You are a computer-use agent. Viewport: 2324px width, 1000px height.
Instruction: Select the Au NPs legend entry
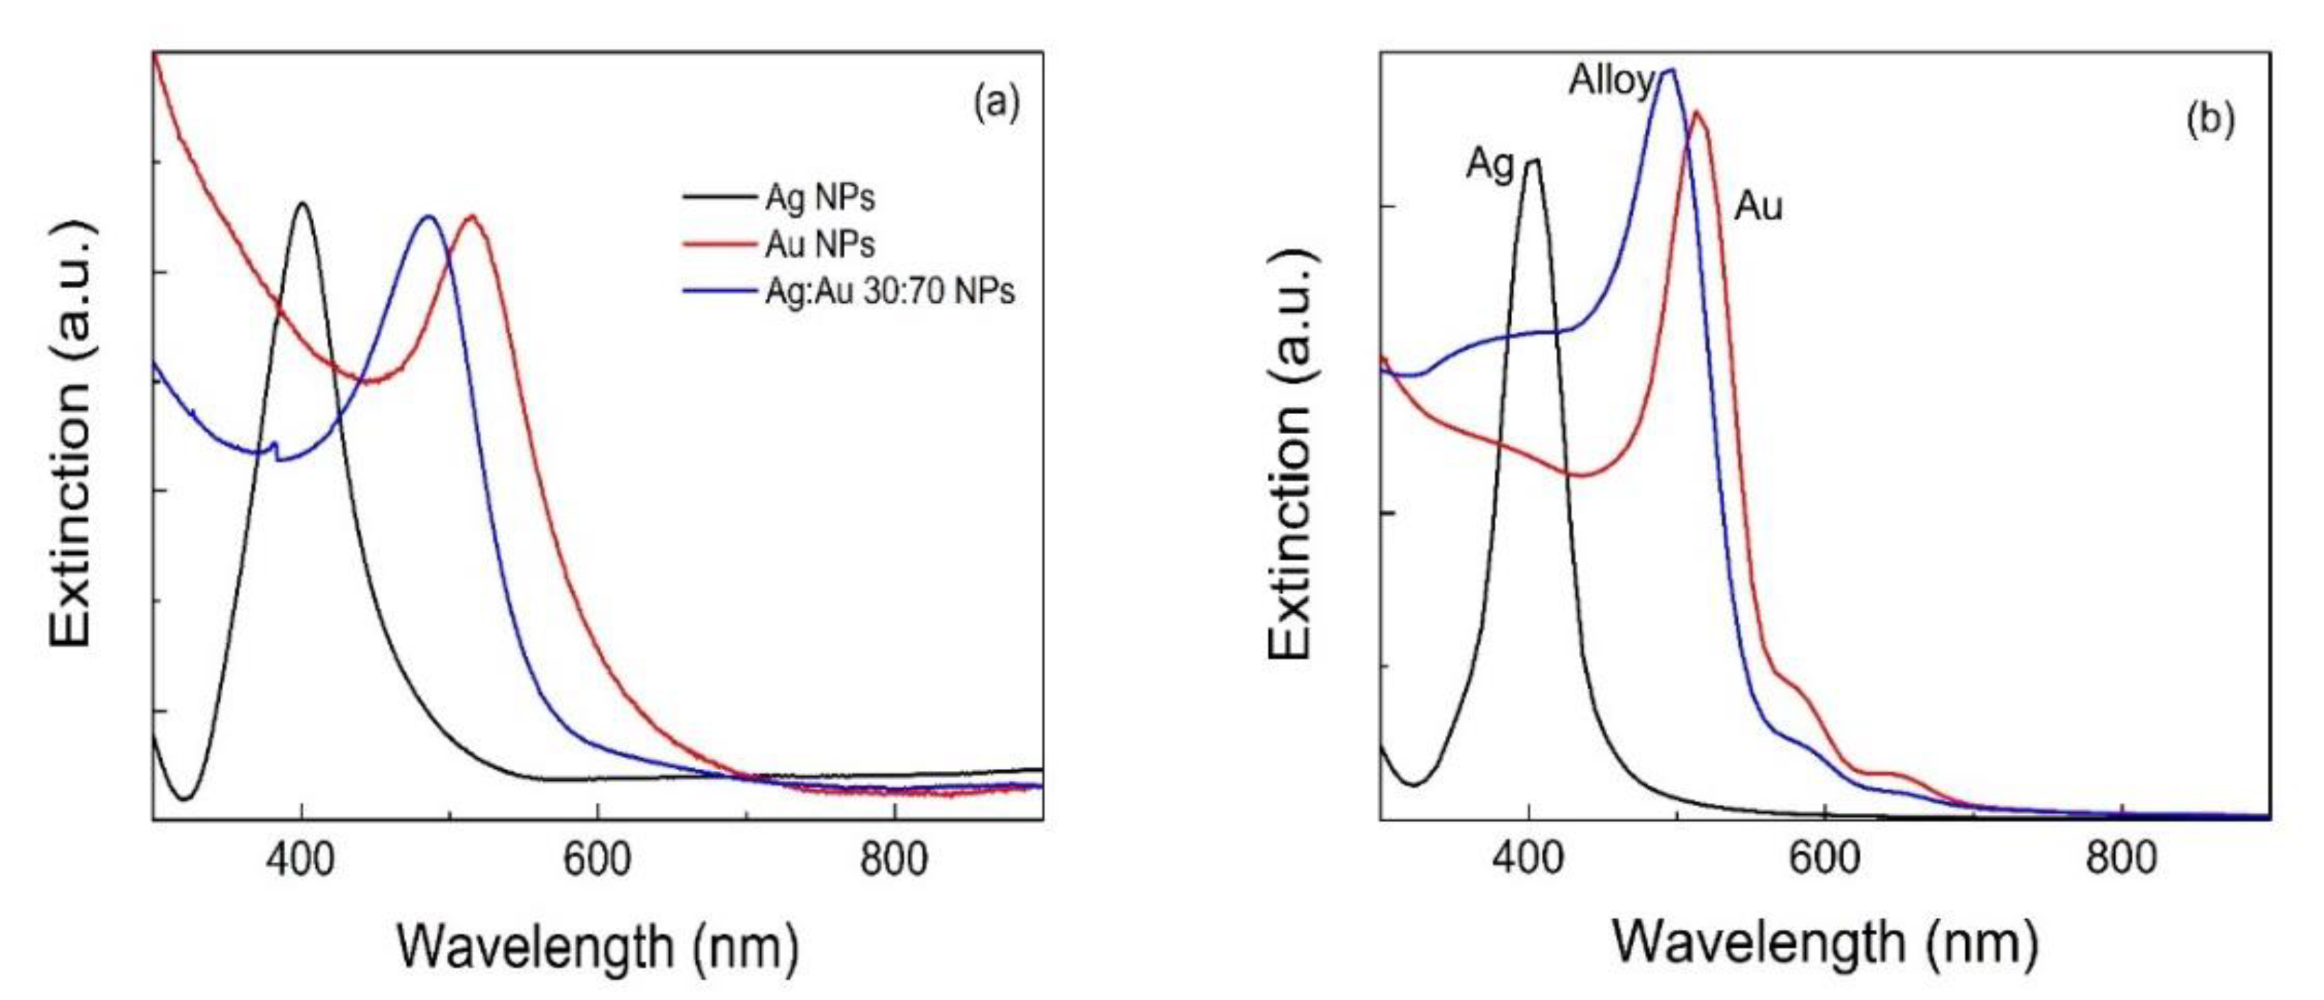coord(819,244)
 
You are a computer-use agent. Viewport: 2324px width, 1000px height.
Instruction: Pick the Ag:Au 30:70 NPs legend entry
coord(888,291)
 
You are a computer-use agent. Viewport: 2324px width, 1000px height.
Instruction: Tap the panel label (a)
coord(996,102)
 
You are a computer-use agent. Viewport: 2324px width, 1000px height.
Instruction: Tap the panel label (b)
coord(2211,118)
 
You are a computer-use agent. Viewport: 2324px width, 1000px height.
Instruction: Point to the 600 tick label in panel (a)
coord(597,860)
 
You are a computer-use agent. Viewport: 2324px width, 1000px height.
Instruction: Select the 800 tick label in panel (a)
coord(893,860)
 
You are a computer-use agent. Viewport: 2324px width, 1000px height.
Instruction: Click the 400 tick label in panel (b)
coord(1527,857)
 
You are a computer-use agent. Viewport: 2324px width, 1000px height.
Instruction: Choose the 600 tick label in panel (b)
coord(1824,857)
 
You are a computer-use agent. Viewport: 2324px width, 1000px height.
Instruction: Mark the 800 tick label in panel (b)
coord(2121,857)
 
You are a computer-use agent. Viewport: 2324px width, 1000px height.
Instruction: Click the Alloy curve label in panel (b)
coord(1611,82)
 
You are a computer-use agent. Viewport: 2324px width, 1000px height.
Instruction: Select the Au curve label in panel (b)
coord(1758,206)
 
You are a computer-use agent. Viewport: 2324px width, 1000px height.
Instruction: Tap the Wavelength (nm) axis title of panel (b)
coord(1824,944)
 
